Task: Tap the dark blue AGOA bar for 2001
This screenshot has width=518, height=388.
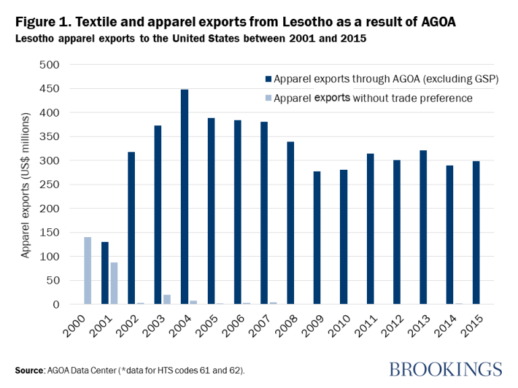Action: coord(105,273)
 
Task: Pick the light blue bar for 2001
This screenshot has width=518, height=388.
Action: coord(114,283)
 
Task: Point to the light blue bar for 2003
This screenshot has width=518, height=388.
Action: coord(167,299)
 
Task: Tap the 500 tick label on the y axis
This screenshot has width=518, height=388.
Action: coord(51,65)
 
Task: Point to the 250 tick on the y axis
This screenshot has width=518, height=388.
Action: coord(51,185)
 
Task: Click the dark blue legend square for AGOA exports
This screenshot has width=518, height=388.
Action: coord(268,79)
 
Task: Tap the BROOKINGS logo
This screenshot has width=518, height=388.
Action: coord(446,368)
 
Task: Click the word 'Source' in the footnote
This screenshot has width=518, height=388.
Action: coord(31,370)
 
